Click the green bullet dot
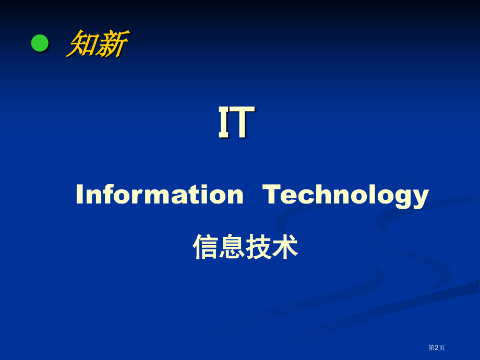(x=40, y=43)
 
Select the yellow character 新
(x=111, y=44)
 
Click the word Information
(x=159, y=195)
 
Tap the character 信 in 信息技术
(x=206, y=247)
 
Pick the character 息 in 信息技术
(x=232, y=247)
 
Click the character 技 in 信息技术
(x=258, y=247)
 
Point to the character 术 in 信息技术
(x=285, y=247)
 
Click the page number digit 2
(x=437, y=347)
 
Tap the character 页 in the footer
(x=442, y=347)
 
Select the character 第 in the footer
(x=431, y=347)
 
